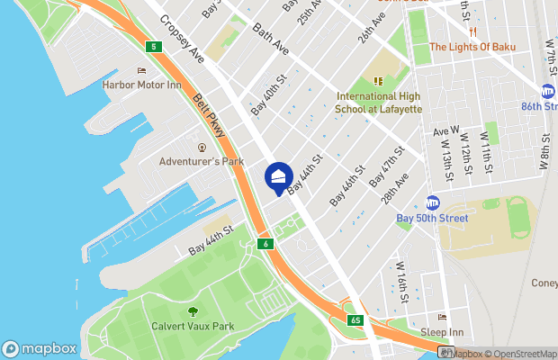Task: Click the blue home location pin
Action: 279,176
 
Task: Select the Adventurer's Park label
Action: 202,162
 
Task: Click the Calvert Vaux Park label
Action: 193,327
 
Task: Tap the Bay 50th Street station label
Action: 432,218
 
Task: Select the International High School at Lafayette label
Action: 379,103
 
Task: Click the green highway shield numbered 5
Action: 155,47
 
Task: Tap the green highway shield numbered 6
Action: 265,244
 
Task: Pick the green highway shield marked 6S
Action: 355,319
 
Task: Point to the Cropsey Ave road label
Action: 183,38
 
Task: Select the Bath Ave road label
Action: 270,38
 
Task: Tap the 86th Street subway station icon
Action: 548,92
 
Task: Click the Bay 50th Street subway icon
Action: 432,202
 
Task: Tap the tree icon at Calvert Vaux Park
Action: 193,311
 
